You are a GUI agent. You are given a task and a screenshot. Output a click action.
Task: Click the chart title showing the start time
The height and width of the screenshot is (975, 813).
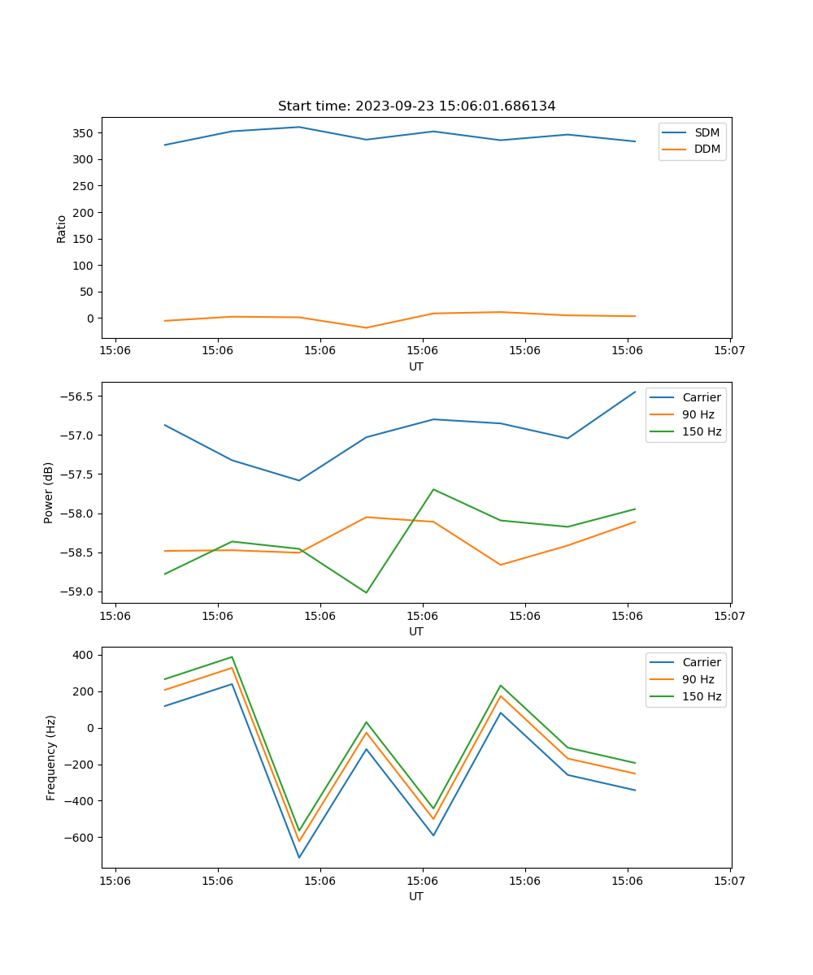416,106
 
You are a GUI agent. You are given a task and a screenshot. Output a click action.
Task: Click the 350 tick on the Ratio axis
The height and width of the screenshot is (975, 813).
83,132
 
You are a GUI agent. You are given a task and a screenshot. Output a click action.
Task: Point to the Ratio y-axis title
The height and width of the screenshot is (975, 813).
61,228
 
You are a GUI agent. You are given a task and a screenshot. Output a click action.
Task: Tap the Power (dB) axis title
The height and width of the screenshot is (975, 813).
49,492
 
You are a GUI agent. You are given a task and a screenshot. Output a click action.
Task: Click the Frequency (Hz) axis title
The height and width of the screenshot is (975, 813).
50,757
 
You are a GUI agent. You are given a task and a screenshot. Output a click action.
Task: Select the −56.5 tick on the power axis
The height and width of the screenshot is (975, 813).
76,396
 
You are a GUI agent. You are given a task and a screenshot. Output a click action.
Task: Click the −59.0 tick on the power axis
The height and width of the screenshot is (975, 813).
76,592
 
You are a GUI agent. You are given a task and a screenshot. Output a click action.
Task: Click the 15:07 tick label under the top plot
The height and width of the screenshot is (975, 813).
729,351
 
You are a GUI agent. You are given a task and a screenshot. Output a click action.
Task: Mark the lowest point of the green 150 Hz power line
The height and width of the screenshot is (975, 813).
366,592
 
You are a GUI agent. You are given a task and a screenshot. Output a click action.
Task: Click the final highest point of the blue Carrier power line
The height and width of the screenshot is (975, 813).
635,392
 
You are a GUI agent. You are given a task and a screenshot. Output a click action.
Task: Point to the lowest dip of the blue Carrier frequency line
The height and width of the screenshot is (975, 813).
299,857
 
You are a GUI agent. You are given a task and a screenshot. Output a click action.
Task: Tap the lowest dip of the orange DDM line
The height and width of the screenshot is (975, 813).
366,327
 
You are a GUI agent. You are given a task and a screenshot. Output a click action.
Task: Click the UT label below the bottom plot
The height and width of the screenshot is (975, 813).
416,896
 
